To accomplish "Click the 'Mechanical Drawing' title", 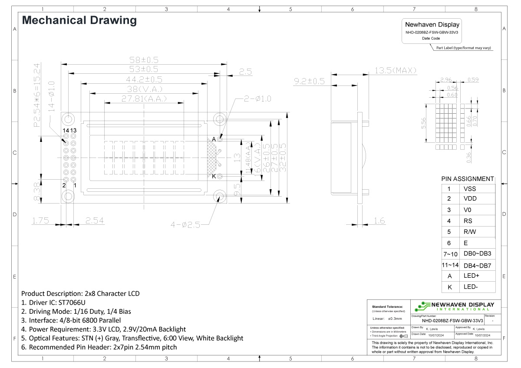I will pyautogui.click(x=79, y=20).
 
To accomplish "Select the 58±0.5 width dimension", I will pyautogui.click(x=144, y=59).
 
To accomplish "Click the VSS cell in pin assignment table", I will pyautogui.click(x=470, y=189).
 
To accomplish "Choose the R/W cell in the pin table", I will pyautogui.click(x=469, y=232).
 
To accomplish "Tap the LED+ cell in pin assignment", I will pyautogui.click(x=471, y=276).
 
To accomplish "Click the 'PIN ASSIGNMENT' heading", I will pyautogui.click(x=467, y=179).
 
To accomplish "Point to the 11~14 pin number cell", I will pyautogui.click(x=450, y=265).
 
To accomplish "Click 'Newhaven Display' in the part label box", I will pyautogui.click(x=432, y=25).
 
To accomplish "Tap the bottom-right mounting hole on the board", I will pyautogui.click(x=220, y=197).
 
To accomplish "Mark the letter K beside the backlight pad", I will pyautogui.click(x=214, y=176).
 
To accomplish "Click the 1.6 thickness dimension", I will pyautogui.click(x=379, y=221).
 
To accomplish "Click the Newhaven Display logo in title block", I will pyautogui.click(x=455, y=306).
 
